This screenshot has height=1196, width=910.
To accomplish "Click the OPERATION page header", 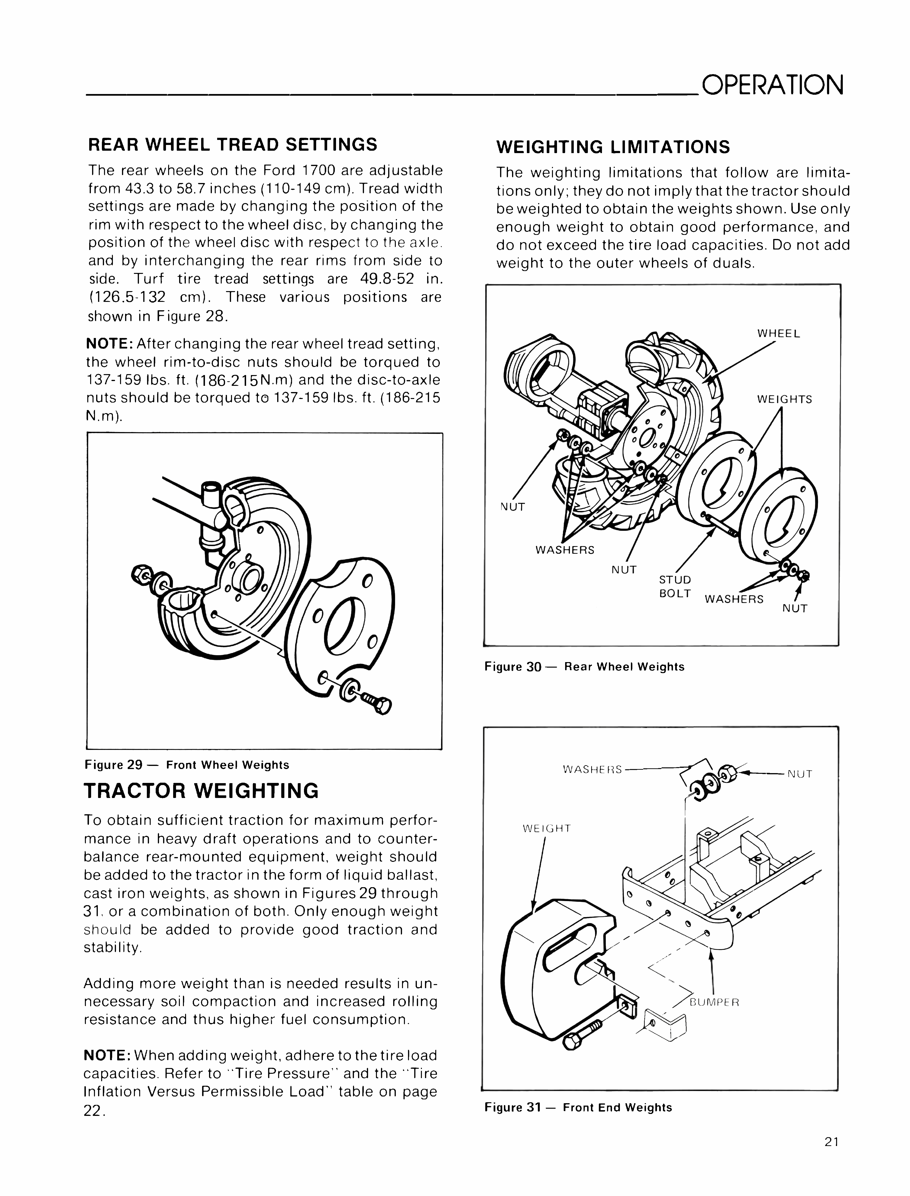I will point(772,85).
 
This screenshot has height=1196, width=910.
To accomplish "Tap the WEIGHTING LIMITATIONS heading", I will point(613,147).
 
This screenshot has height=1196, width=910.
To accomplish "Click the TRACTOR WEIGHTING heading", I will point(202,791).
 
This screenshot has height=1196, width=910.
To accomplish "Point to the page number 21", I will point(832,1157).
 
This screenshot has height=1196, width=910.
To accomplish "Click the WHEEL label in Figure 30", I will point(778,334).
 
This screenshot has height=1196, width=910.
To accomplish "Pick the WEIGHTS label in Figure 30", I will point(784,400).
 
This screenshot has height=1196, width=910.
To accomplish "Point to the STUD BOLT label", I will point(675,586).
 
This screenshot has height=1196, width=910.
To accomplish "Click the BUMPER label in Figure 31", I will point(714,1002).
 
